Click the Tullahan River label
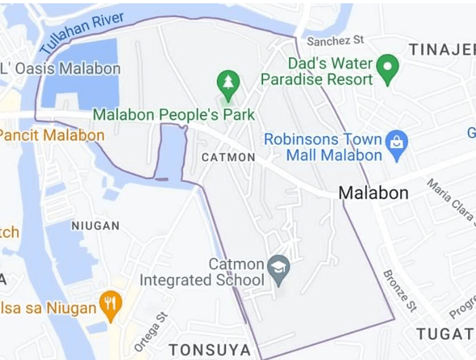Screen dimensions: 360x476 click(82, 33)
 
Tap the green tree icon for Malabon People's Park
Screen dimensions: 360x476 click(227, 82)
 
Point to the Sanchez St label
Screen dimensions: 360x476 click(335, 39)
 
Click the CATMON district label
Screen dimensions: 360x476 click(228, 157)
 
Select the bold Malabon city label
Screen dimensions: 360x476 click(373, 193)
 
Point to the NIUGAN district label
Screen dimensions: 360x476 click(96, 226)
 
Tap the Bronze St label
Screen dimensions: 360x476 click(399, 290)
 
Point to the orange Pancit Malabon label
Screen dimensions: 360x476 click(52, 134)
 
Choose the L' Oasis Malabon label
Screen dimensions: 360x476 click(62, 68)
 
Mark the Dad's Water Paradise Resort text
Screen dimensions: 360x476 click(317, 71)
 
